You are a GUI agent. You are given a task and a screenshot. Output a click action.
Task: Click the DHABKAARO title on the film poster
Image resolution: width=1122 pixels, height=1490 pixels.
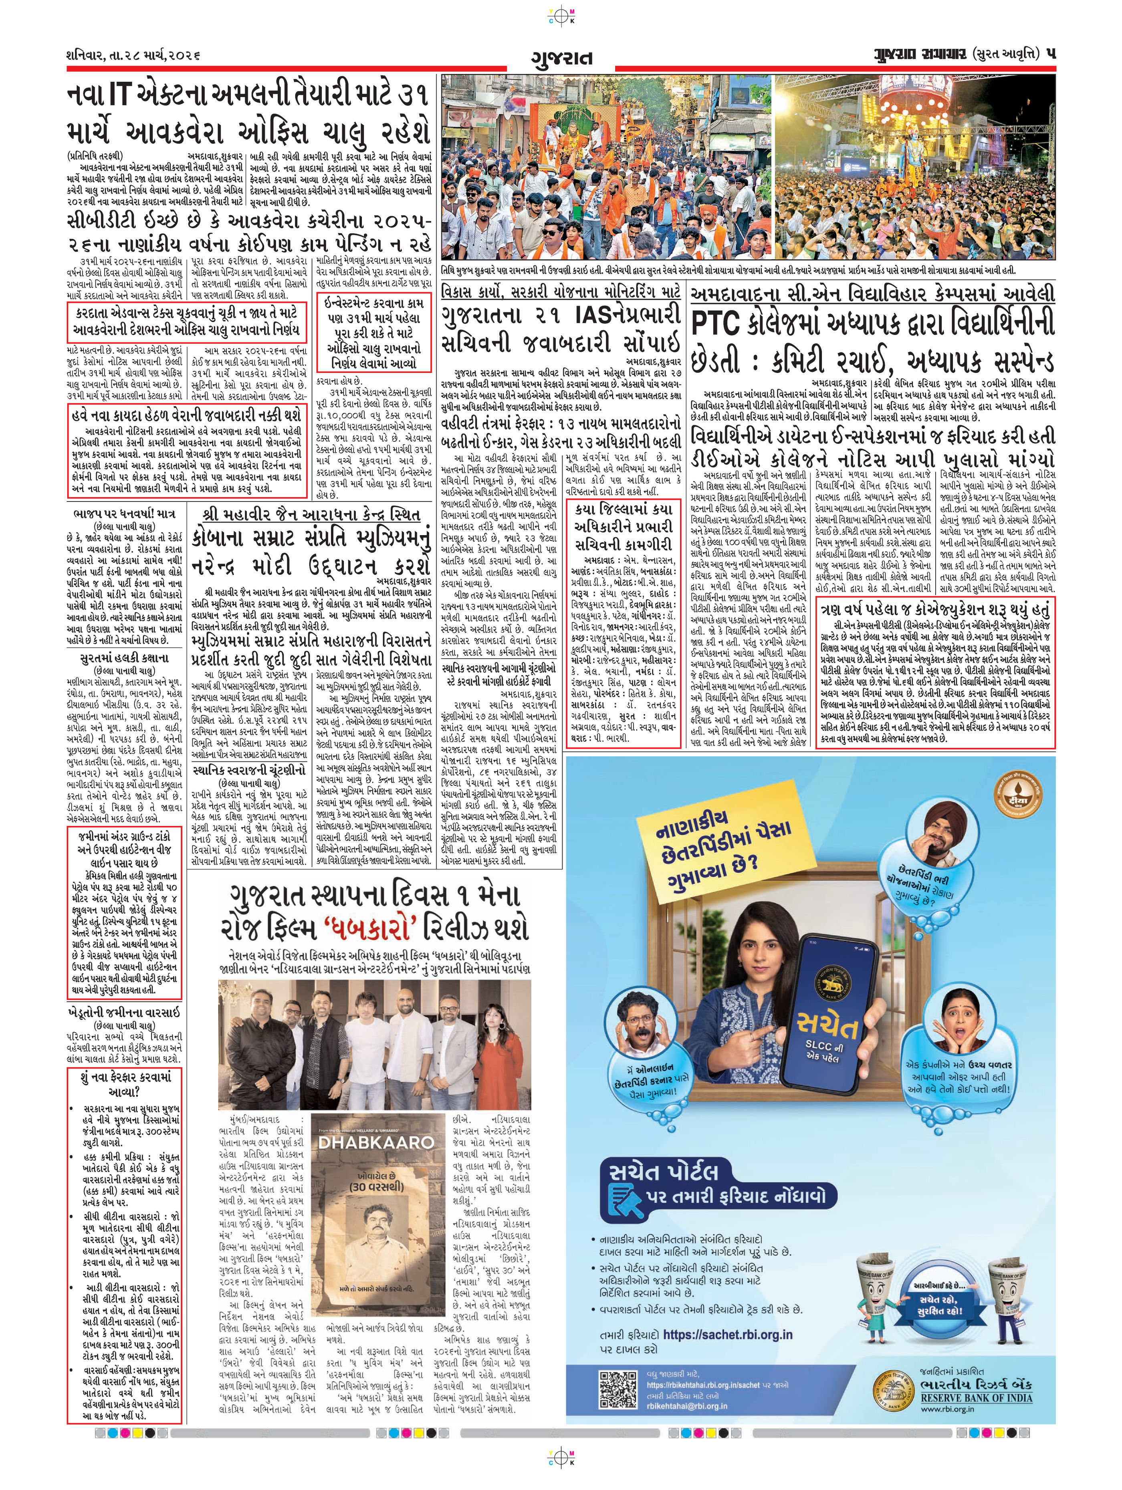(376, 1142)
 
